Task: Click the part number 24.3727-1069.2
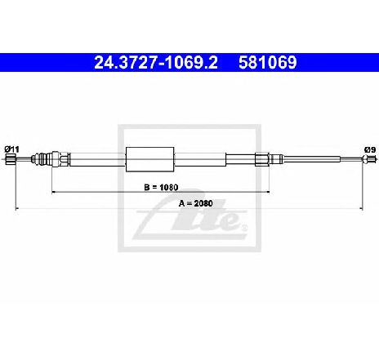(x=156, y=63)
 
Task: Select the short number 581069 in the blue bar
(x=268, y=63)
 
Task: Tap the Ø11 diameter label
(x=12, y=149)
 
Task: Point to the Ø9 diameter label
(x=370, y=149)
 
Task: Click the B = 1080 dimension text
(x=161, y=187)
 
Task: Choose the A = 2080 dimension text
(x=195, y=203)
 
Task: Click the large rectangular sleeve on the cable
(x=150, y=159)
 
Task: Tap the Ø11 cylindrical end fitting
(x=11, y=159)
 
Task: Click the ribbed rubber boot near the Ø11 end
(x=41, y=159)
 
